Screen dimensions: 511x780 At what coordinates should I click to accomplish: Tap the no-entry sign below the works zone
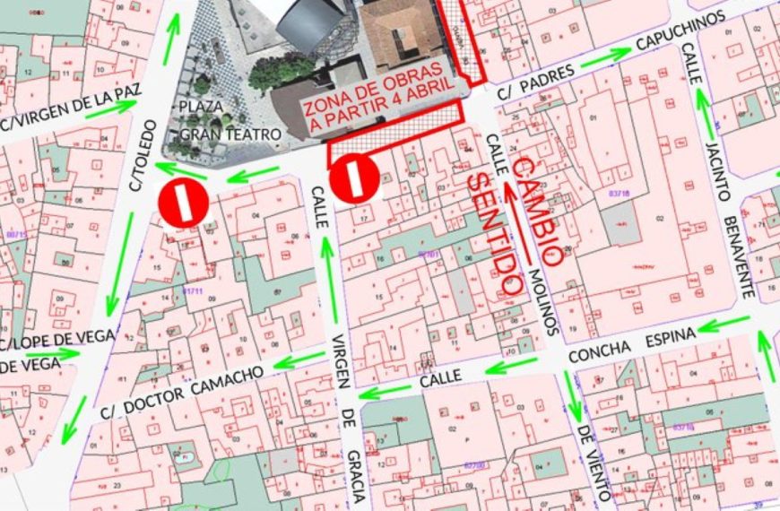(352, 179)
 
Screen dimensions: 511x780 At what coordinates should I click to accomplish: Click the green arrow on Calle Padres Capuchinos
(606, 56)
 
